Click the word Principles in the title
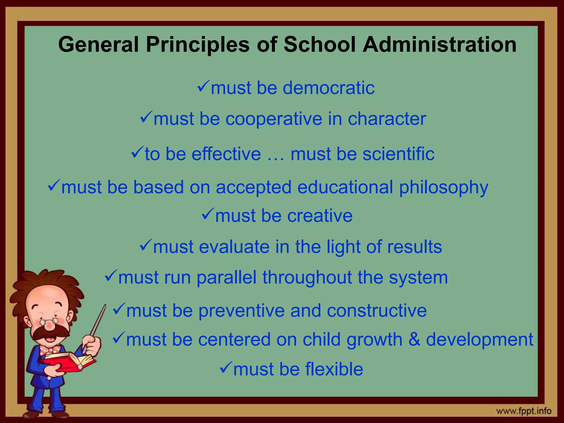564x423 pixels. tap(197, 45)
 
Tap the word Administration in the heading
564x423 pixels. tap(440, 45)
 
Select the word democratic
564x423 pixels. tap(329, 88)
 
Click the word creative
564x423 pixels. tap(320, 216)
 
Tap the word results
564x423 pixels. tap(414, 246)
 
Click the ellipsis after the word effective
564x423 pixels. tap(275, 158)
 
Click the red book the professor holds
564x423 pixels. tap(69, 362)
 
